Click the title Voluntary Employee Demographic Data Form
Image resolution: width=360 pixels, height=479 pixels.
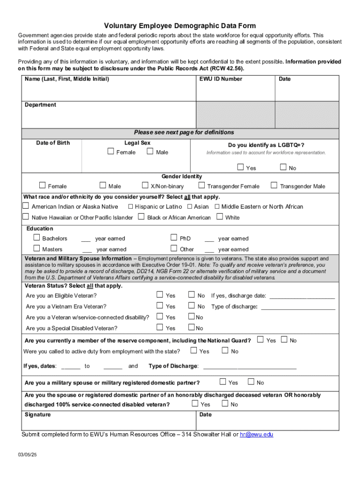click(180, 26)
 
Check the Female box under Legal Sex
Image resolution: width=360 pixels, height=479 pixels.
click(110, 151)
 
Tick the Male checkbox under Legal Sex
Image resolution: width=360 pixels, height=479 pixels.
click(150, 151)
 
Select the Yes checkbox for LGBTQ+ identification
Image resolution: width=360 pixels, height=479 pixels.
click(240, 167)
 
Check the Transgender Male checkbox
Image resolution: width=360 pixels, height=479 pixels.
click(274, 185)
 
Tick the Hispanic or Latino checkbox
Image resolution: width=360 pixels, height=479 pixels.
click(131, 206)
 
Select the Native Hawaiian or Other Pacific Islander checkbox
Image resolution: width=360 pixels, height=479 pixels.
click(26, 217)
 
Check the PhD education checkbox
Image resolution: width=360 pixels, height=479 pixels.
click(174, 238)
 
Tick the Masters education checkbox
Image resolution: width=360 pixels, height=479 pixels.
click(36, 248)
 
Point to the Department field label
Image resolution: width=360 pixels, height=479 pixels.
click(40, 105)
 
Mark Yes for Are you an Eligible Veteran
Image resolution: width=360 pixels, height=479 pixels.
click(160, 295)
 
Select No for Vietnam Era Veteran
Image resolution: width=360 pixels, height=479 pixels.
click(191, 305)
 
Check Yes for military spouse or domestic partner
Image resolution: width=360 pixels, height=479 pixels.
click(223, 382)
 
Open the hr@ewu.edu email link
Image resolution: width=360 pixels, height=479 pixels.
click(256, 435)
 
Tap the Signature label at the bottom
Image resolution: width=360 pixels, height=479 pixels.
click(38, 414)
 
